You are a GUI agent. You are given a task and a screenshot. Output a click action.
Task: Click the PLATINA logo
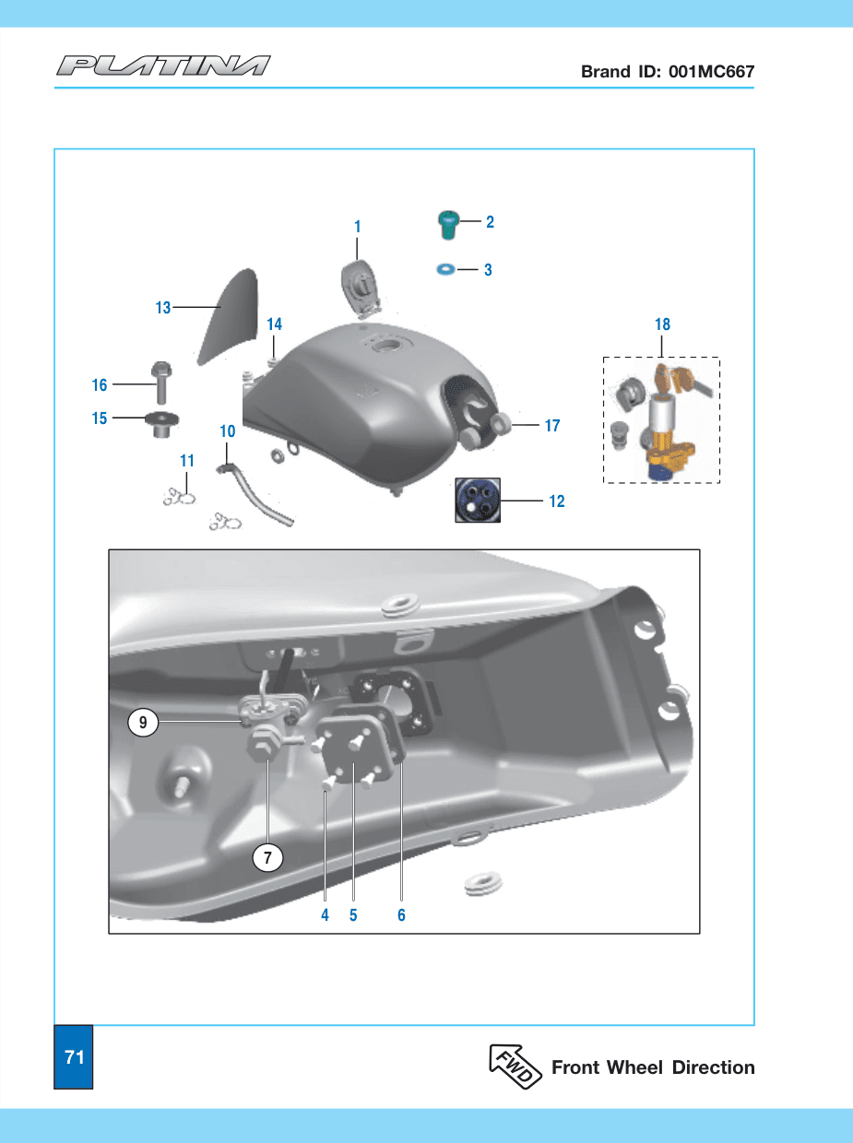(x=163, y=65)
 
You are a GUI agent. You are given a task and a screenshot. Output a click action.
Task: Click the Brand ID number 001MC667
(x=711, y=71)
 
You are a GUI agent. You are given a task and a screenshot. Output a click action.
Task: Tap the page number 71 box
(x=74, y=1056)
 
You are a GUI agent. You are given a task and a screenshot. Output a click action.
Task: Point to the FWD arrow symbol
(x=515, y=1066)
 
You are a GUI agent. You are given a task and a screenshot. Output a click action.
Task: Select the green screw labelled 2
(x=448, y=225)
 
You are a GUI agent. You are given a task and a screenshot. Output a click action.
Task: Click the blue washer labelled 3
(x=445, y=269)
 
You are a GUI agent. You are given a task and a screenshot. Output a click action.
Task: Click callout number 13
(x=163, y=308)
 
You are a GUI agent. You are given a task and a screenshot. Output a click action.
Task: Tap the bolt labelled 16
(x=161, y=383)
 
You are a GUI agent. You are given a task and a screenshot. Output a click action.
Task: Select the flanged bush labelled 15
(x=162, y=424)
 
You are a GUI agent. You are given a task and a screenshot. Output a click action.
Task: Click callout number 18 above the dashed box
(x=662, y=324)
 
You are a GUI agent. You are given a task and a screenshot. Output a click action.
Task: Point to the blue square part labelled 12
(x=478, y=500)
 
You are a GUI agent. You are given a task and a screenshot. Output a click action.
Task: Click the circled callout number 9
(x=143, y=723)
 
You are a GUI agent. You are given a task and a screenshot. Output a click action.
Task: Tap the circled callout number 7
(x=267, y=857)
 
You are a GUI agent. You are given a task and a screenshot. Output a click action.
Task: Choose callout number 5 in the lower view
(x=353, y=915)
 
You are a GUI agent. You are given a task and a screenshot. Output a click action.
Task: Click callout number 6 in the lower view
(x=401, y=915)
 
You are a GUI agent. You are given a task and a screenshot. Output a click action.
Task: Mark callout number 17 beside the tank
(x=552, y=426)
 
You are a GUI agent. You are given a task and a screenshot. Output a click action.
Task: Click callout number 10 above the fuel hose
(x=228, y=431)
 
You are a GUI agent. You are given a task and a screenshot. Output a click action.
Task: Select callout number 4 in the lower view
(x=325, y=915)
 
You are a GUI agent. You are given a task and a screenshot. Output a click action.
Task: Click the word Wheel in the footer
(x=635, y=1067)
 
